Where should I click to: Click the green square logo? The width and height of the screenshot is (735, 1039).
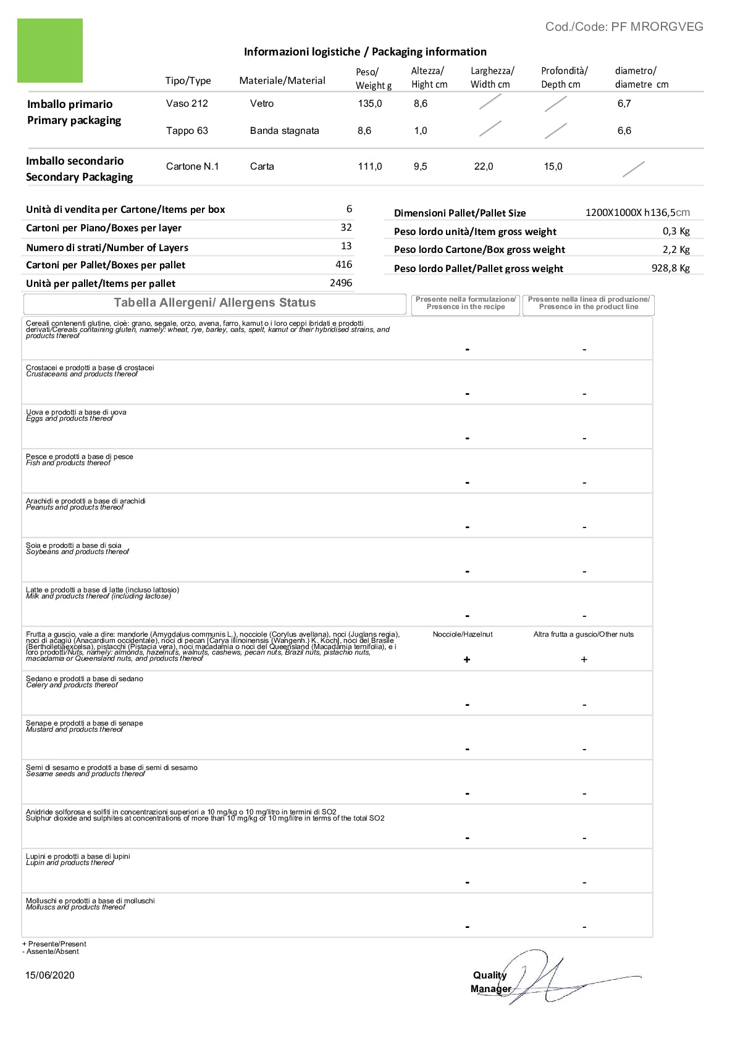pyautogui.click(x=50, y=51)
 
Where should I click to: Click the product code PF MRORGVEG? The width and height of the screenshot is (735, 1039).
pyautogui.click(x=624, y=27)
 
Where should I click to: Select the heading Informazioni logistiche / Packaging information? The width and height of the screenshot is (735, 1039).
pyautogui.click(x=365, y=52)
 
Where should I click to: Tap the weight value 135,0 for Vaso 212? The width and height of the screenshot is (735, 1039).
pyautogui.click(x=370, y=104)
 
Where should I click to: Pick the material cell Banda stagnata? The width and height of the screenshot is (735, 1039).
pyautogui.click(x=284, y=131)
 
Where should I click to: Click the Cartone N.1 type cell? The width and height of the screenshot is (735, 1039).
pyautogui.click(x=192, y=167)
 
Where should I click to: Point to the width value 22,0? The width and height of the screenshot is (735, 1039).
pyautogui.click(x=484, y=167)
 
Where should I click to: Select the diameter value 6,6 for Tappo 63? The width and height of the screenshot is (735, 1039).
pyautogui.click(x=624, y=131)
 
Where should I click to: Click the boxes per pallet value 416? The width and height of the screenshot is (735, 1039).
pyautogui.click(x=343, y=265)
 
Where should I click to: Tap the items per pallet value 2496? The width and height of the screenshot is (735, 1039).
pyautogui.click(x=341, y=283)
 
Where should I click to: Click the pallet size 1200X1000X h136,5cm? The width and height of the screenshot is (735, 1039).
pyautogui.click(x=637, y=213)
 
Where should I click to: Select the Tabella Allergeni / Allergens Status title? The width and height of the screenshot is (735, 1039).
pyautogui.click(x=214, y=303)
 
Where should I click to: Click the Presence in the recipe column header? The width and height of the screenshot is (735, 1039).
pyautogui.click(x=466, y=303)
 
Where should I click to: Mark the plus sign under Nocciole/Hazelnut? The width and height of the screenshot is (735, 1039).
pyautogui.click(x=467, y=660)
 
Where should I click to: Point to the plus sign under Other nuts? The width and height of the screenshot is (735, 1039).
pyautogui.click(x=584, y=660)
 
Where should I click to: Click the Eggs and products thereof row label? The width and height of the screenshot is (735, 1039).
pyautogui.click(x=70, y=419)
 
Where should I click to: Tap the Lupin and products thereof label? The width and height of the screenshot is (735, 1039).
pyautogui.click(x=70, y=863)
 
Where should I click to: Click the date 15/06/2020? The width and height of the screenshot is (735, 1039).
pyautogui.click(x=50, y=975)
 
